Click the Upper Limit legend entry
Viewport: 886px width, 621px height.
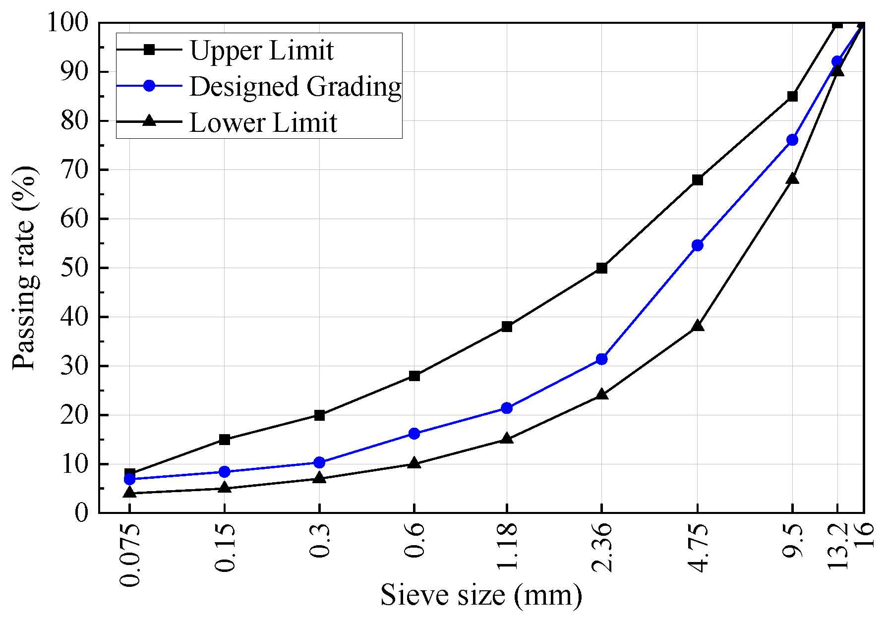click(x=261, y=50)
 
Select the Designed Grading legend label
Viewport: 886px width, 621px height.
click(x=295, y=86)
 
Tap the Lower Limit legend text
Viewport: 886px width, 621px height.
click(x=263, y=122)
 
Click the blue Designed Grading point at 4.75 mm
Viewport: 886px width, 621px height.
click(x=697, y=245)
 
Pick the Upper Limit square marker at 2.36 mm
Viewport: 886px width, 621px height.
click(x=601, y=268)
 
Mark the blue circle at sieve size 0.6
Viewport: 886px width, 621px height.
click(x=414, y=434)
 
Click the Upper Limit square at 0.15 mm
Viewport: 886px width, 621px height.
click(x=224, y=440)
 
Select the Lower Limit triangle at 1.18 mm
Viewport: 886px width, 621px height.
click(x=507, y=439)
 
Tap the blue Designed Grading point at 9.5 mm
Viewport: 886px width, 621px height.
click(x=792, y=140)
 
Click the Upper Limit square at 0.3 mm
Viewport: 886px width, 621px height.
click(x=319, y=415)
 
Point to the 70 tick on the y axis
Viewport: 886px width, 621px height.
click(x=74, y=170)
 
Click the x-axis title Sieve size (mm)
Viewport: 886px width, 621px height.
click(x=481, y=595)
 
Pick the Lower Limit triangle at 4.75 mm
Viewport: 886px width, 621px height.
click(x=697, y=326)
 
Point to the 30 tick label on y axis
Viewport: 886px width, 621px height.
click(x=74, y=366)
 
